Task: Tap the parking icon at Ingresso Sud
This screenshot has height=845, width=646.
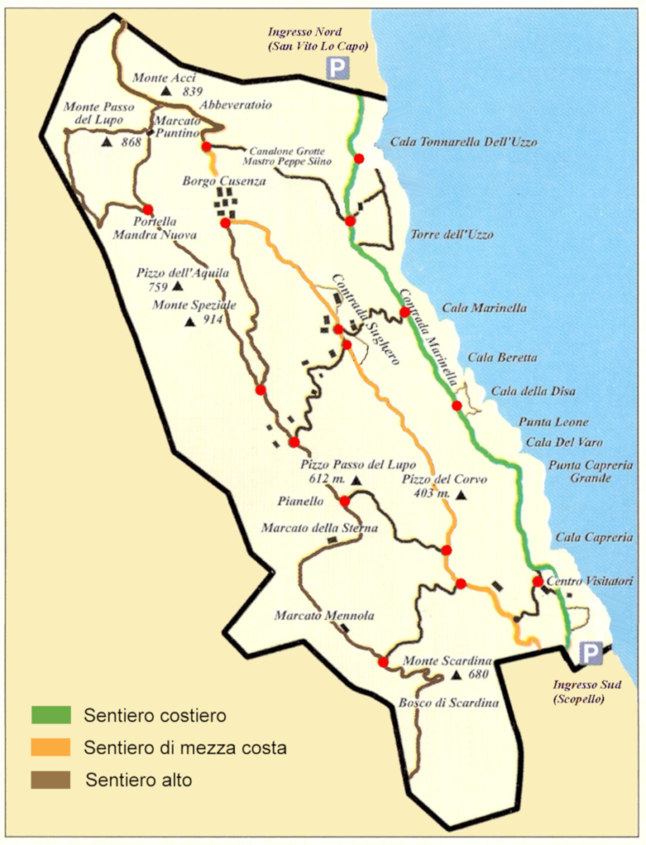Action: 590,654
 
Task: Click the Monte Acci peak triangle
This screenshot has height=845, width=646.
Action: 167,92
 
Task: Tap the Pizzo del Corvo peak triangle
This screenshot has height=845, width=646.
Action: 460,495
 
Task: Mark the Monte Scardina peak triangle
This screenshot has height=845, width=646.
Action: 457,676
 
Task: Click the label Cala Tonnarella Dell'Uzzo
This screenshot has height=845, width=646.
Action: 463,142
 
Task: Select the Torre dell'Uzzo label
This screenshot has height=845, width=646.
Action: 452,235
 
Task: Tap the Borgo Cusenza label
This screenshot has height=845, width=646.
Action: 224,181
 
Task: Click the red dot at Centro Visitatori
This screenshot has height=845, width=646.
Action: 537,582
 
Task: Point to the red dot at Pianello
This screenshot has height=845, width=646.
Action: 345,501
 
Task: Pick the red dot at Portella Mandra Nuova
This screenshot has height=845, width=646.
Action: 148,210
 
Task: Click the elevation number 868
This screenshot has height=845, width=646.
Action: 131,142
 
